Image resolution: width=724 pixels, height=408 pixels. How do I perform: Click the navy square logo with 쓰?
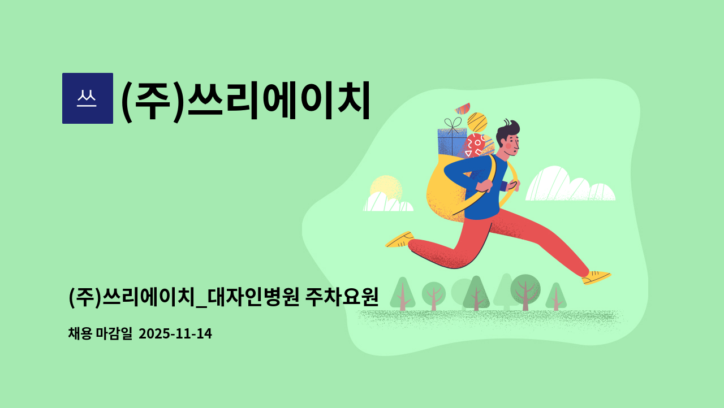tap(87, 98)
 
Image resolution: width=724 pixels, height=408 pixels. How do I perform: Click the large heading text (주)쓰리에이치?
tap(245, 100)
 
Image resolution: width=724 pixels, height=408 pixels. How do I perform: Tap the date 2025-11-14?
tap(175, 334)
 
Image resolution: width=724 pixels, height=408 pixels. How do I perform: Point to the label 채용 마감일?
tap(100, 334)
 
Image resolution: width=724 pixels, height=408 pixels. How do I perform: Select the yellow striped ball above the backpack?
tap(477, 121)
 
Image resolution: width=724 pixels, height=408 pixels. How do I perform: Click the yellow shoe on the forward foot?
tap(596, 277)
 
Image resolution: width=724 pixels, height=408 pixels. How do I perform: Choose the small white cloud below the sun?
tap(387, 203)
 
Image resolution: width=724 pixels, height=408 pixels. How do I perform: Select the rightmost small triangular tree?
tap(556, 297)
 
